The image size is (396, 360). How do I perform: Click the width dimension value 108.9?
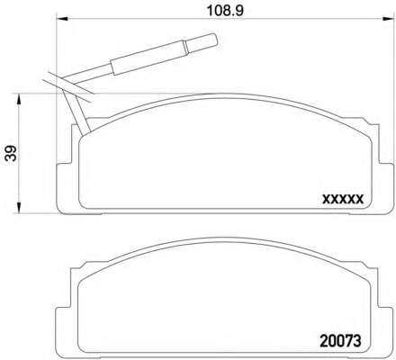point(226,11)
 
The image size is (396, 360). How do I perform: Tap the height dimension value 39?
point(11,153)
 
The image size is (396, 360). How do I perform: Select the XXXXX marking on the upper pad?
point(343,199)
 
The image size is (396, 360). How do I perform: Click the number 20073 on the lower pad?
point(340,341)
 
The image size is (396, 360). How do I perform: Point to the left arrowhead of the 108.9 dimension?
point(62,19)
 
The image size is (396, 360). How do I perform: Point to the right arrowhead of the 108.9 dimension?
point(387,19)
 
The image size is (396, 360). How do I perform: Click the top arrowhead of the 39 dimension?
point(19,99)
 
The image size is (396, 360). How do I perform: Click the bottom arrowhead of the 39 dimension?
point(19,207)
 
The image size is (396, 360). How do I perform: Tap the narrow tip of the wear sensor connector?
point(201,43)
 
